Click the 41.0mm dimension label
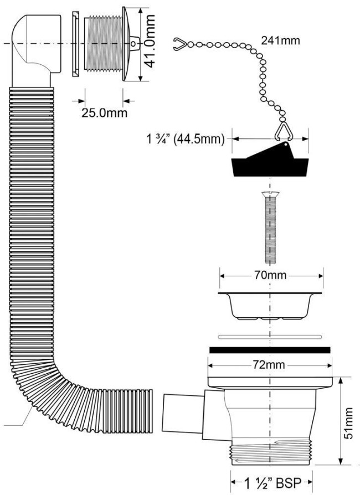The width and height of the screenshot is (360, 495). [149, 41]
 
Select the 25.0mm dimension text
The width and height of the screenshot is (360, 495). [105, 113]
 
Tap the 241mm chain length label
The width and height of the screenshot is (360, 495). [280, 40]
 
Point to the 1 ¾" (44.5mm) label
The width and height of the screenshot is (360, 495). [186, 138]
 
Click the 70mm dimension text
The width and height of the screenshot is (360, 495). [270, 275]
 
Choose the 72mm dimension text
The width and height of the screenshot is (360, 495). [269, 365]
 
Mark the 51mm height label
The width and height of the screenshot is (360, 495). [348, 424]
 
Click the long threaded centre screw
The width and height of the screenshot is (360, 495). [270, 228]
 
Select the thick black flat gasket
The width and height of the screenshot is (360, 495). [270, 350]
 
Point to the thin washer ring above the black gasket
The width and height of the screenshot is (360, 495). [270, 337]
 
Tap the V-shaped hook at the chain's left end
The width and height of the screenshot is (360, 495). [179, 44]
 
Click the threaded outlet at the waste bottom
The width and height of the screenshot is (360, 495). [272, 452]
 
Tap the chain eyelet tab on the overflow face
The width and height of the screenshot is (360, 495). [135, 43]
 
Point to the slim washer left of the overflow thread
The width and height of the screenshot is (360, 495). [76, 44]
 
